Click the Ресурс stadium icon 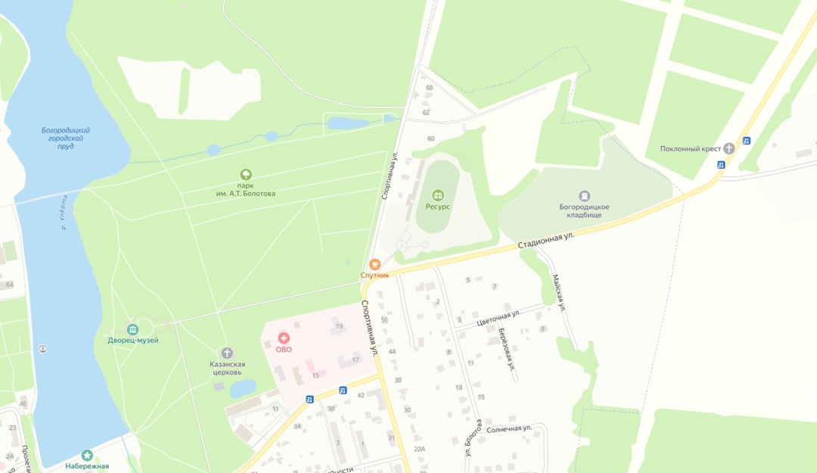pos(437,196)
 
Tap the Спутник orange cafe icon pos(374,264)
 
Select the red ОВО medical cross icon pos(284,338)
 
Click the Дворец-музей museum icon pos(133,329)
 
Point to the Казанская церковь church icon pos(226,353)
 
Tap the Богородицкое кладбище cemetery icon pos(584,196)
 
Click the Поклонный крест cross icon pos(728,148)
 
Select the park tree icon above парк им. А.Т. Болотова pos(245,175)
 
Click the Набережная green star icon pos(87,455)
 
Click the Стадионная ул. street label pos(546,241)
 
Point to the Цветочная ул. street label pos(499,317)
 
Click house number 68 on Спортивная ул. pos(430,88)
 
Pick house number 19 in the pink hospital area pos(339,326)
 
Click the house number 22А pos(420,449)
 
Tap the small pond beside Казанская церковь pos(243,388)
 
